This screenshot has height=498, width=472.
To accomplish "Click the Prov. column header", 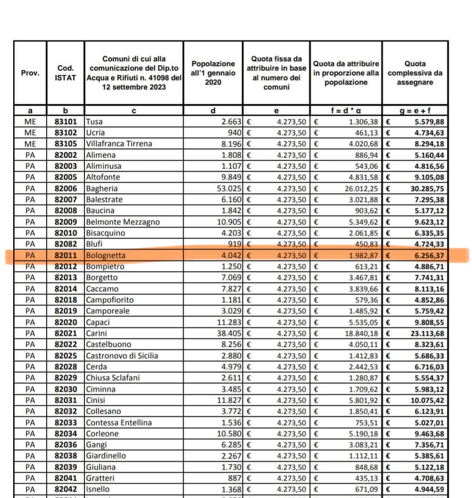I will (30, 73).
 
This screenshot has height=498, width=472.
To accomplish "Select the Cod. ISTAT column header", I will (65, 73).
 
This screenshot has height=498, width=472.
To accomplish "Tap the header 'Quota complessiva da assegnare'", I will (415, 73).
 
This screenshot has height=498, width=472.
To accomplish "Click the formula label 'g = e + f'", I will (415, 111).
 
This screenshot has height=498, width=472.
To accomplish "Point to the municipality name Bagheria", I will (102, 188).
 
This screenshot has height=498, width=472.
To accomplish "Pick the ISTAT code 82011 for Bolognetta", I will (65, 255).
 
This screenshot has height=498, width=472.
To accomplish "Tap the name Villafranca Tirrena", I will (119, 144).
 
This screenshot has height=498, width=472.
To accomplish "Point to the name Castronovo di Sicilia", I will (122, 355).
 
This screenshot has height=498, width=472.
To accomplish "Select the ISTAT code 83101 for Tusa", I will (65, 121).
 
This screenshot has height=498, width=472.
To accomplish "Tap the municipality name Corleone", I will (102, 433).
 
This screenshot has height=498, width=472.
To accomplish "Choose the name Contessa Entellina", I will (119, 422).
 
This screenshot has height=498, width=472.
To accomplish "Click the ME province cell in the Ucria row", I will (30, 132).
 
